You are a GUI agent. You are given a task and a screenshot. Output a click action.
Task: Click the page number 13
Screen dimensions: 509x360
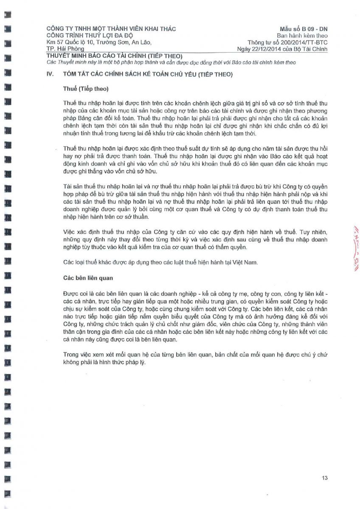pyautogui.click(x=324, y=478)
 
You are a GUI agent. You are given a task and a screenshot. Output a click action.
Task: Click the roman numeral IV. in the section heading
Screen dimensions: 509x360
pyautogui.click(x=50, y=74)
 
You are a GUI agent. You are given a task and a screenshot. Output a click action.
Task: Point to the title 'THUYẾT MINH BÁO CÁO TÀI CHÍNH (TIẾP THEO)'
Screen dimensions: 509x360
pyautogui.click(x=114, y=56)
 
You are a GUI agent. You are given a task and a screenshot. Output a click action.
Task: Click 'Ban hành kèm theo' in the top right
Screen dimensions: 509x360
pyautogui.click(x=302, y=36)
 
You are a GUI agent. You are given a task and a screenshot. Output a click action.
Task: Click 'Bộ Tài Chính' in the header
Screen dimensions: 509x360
pyautogui.click(x=312, y=50)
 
